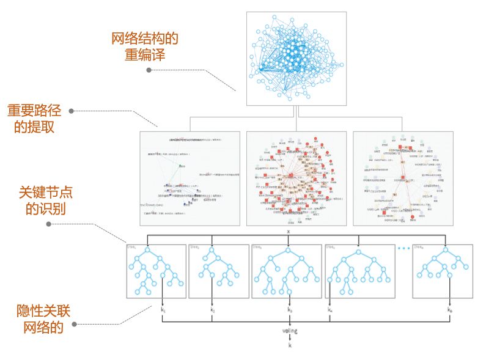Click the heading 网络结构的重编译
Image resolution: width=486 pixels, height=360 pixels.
click(144, 47)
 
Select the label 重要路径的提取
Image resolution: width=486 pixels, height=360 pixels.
click(34, 119)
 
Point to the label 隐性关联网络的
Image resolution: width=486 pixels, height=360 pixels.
click(43, 319)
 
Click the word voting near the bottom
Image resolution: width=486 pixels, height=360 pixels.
click(290, 331)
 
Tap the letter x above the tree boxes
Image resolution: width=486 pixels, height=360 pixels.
click(289, 232)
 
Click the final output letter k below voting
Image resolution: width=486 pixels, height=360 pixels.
click(290, 345)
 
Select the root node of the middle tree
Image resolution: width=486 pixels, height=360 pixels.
click(288, 249)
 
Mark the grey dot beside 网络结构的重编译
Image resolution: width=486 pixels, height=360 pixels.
click(149, 70)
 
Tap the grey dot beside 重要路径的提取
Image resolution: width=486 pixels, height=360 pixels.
click(72, 111)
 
